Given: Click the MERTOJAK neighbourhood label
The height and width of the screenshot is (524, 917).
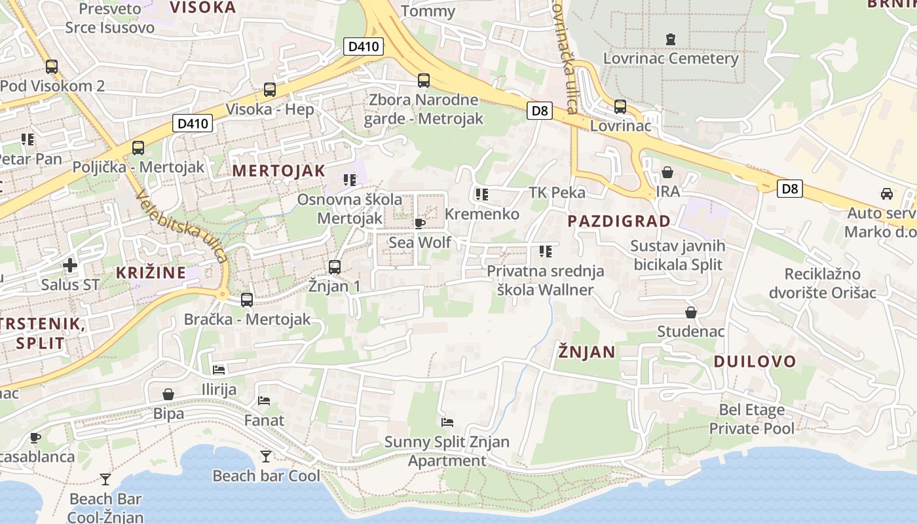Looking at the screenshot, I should [278, 171].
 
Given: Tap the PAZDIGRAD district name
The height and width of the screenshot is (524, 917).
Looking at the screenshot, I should [619, 221].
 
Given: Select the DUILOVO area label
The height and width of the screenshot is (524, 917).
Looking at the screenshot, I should [755, 362].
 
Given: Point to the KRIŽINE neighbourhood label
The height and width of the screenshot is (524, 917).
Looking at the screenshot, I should [151, 272].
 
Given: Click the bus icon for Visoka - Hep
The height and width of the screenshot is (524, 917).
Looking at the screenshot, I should [269, 90].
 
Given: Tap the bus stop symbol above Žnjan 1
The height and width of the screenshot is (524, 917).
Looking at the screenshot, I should [335, 267].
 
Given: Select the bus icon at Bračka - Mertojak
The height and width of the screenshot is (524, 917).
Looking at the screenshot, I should [247, 300].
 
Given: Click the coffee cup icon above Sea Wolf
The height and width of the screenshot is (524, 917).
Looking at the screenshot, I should [420, 223].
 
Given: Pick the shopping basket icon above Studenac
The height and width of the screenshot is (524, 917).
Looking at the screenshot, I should [691, 312].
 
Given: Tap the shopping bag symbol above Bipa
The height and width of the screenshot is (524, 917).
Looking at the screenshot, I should [168, 394].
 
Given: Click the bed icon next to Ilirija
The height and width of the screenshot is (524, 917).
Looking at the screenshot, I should [219, 370].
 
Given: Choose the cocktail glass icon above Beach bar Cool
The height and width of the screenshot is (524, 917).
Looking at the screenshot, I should [266, 456].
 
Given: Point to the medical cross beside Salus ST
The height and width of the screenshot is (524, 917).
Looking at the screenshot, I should [70, 265].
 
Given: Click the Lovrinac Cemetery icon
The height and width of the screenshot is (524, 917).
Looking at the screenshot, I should [670, 39].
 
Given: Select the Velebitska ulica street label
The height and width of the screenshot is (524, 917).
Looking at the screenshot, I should [182, 226].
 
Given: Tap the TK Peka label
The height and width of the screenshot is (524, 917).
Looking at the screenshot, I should [557, 193].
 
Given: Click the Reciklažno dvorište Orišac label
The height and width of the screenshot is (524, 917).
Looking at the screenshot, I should [831, 283].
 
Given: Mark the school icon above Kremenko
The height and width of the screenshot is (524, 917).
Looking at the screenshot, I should [482, 194].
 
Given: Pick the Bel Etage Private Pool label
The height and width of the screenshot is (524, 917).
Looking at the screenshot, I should [751, 419].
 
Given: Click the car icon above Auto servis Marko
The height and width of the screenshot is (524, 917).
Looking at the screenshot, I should [886, 194].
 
